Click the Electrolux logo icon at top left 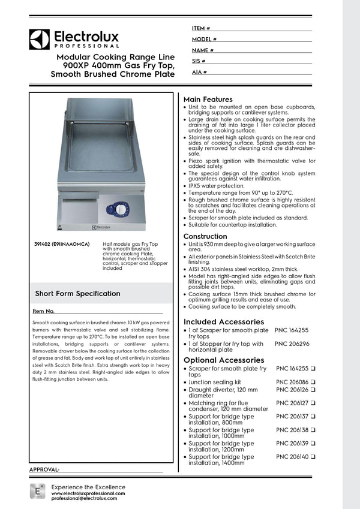click(39, 39)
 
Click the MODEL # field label click(203, 39)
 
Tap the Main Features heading click(208, 100)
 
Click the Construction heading click(205, 237)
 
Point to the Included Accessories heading click(224, 322)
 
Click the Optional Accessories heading click(224, 360)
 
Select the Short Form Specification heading click(77, 294)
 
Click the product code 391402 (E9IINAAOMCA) click(62, 245)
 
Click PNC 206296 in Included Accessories click(292, 344)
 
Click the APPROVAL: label click(44, 469)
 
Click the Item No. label click(44, 312)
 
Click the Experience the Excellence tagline click(88, 487)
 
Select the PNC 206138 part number click(292, 430)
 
